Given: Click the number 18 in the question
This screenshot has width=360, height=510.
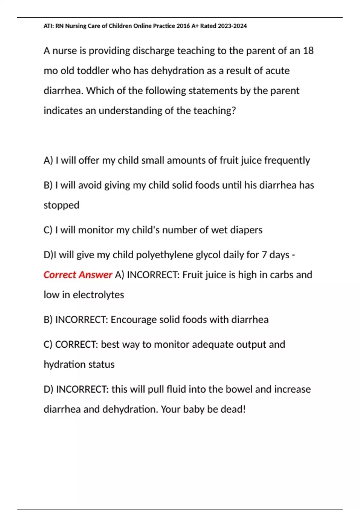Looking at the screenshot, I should pos(308,51).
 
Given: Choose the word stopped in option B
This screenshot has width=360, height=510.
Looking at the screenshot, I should pos(61,205).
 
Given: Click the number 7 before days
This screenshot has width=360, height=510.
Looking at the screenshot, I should pos(264,255).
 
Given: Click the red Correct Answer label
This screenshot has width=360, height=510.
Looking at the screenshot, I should pos(78,275).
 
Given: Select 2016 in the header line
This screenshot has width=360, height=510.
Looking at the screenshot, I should pos(183,26).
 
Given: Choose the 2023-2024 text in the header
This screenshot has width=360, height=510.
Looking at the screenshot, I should pos(232,26).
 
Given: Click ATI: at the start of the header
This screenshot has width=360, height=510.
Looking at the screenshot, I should pos(48,26).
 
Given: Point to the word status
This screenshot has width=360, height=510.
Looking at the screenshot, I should pos(102,364).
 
